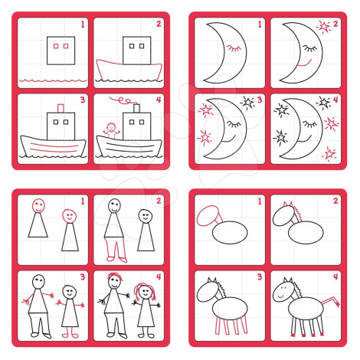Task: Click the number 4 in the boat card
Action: coord(159,100)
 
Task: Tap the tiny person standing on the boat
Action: coord(112,130)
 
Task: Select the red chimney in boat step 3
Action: coord(61,108)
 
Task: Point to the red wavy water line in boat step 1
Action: coord(53,80)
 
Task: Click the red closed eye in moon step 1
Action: coord(234,48)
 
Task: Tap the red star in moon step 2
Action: coord(324,27)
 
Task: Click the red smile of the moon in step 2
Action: coord(305,64)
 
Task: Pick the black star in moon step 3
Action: coord(247,103)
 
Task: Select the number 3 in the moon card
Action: coord(260,100)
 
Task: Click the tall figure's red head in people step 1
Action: coord(38,205)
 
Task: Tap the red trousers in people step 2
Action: coord(115,250)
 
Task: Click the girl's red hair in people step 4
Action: coord(145,291)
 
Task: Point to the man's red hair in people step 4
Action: coord(115,277)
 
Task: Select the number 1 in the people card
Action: coord(83,201)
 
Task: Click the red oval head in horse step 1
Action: coord(207,216)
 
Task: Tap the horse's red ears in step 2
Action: coord(288,204)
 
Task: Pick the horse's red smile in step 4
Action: coord(280,296)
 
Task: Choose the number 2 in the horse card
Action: coord(335,201)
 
